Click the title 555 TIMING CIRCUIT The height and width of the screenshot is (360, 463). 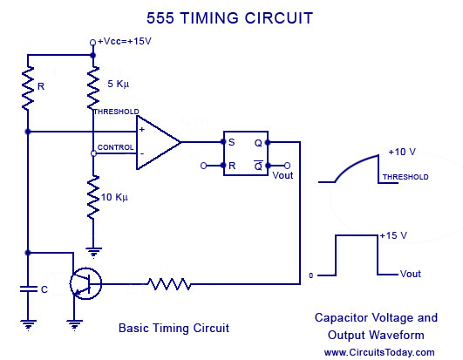pyautogui.click(x=229, y=18)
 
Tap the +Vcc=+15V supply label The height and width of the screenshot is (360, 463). pyautogui.click(x=125, y=41)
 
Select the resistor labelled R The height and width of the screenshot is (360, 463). pyautogui.click(x=28, y=89)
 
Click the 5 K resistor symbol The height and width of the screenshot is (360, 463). pyautogui.click(x=93, y=88)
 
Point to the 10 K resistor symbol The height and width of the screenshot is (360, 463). pyautogui.click(x=93, y=197)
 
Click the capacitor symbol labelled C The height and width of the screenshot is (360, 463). pyautogui.click(x=28, y=289)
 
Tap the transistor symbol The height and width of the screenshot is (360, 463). pyautogui.click(x=85, y=283)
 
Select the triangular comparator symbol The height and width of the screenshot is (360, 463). pyautogui.click(x=159, y=142)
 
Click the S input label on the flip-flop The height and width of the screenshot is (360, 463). pyautogui.click(x=232, y=142)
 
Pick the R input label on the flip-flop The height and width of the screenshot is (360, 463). pyautogui.click(x=232, y=166)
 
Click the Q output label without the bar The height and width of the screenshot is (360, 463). pyautogui.click(x=258, y=144)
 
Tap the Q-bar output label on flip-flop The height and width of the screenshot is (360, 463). pyautogui.click(x=258, y=166)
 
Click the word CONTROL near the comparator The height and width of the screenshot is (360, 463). pyautogui.click(x=115, y=147)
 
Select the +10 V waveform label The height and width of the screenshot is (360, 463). pyautogui.click(x=402, y=152)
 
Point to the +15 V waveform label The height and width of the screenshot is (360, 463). pyautogui.click(x=393, y=235)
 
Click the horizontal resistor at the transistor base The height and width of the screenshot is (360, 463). pyautogui.click(x=169, y=284)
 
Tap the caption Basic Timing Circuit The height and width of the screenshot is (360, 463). pyautogui.click(x=174, y=328)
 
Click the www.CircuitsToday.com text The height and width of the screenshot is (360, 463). pyautogui.click(x=379, y=352)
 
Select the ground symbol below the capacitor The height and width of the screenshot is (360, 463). pyautogui.click(x=28, y=325)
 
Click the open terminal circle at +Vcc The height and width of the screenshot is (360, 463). pyautogui.click(x=92, y=43)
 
